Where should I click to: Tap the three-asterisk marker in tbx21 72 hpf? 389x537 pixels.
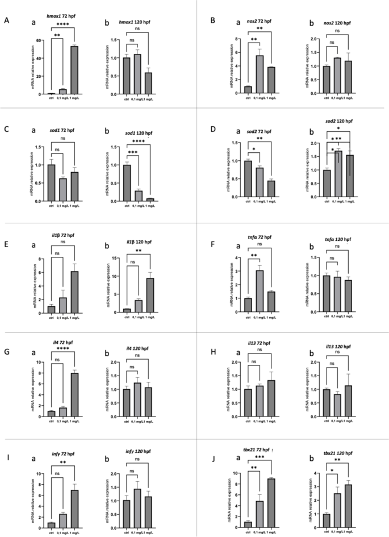tap(260, 458)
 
